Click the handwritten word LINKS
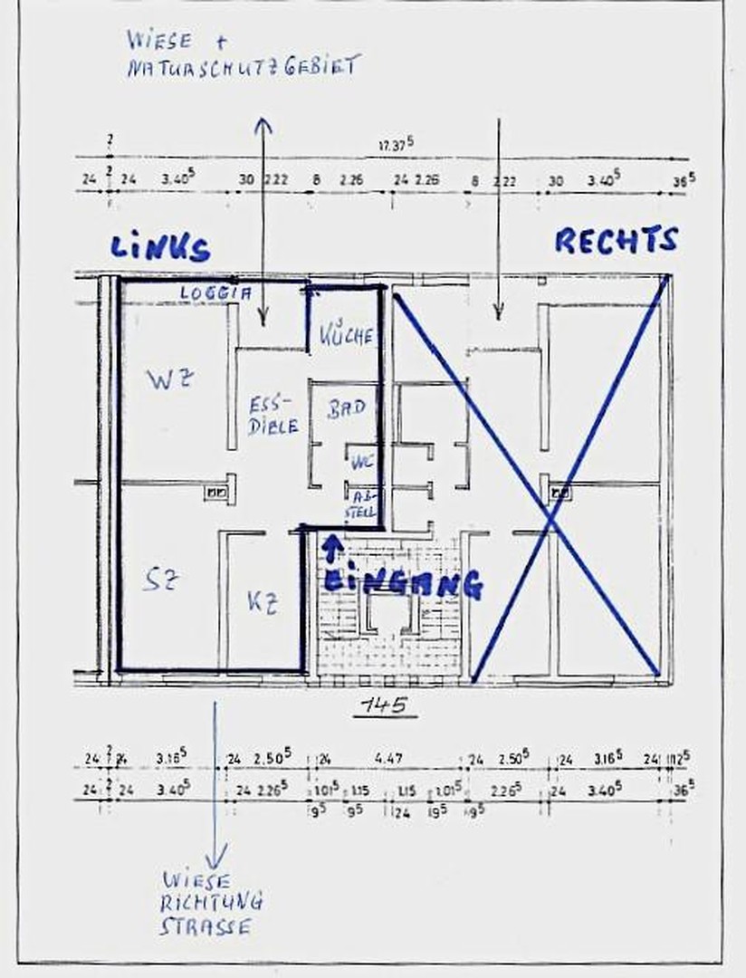click(x=160, y=247)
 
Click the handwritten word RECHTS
click(x=616, y=240)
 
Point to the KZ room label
click(x=261, y=602)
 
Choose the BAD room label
click(x=346, y=407)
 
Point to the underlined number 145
click(x=385, y=706)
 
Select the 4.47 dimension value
click(x=388, y=758)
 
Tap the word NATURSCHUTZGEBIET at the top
click(x=243, y=67)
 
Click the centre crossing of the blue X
click(x=552, y=517)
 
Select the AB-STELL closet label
click(x=363, y=505)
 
